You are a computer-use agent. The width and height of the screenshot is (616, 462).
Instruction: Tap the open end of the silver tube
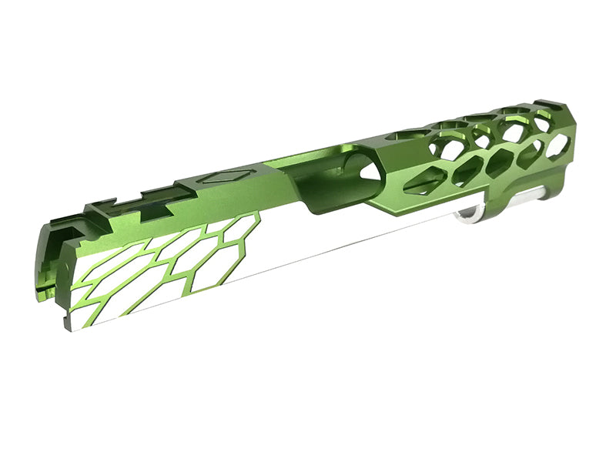(468, 218)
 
